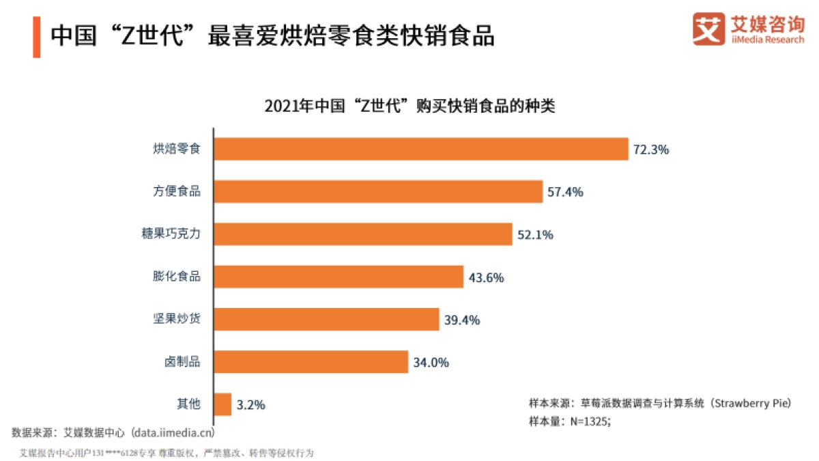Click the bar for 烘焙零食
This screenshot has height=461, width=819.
(420, 149)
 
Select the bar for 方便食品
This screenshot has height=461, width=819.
(377, 192)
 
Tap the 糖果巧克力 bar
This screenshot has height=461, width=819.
(362, 234)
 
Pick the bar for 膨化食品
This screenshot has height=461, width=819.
(338, 277)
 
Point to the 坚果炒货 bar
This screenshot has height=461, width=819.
(326, 319)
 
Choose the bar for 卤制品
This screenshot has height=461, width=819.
(311, 362)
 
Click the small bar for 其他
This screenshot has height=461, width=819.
(222, 404)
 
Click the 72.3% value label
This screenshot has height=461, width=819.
(651, 150)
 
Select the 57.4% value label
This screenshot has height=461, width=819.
(565, 192)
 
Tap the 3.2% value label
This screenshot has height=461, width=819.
(250, 405)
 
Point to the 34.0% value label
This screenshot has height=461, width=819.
(431, 363)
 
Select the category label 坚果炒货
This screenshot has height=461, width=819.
(176, 319)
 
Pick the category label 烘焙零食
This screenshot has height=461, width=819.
(176, 149)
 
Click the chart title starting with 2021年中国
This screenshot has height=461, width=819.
(409, 107)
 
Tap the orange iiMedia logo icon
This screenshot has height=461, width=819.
(708, 29)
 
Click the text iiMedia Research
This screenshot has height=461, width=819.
(768, 40)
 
